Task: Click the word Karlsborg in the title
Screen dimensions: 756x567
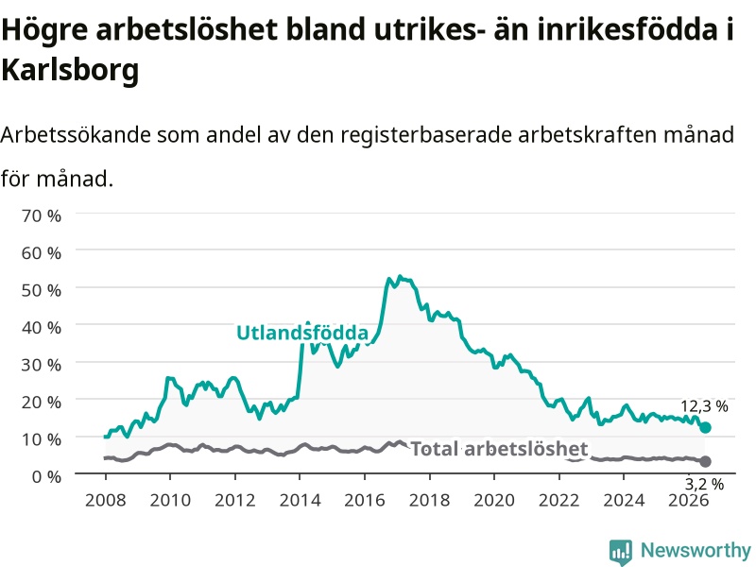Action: (70, 70)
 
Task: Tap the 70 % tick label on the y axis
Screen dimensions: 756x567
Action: (42, 215)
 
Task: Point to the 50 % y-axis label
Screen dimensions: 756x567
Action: (42, 290)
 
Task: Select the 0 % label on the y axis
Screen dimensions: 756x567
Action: (46, 477)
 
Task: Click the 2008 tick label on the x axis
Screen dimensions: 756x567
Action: (106, 500)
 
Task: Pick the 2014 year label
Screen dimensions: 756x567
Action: (300, 500)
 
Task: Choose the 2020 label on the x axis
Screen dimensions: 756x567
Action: (494, 500)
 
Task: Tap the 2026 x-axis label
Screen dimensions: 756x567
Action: (689, 500)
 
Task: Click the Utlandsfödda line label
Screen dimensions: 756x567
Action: (302, 333)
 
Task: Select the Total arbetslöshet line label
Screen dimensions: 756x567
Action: (499, 449)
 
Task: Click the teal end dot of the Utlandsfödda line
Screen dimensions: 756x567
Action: (705, 427)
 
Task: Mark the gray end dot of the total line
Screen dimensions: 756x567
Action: (705, 461)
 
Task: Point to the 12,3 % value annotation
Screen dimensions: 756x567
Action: (704, 406)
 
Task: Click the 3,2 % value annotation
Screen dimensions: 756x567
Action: (704, 484)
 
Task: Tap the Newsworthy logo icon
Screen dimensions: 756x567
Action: (621, 552)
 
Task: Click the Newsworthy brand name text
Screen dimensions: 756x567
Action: (696, 550)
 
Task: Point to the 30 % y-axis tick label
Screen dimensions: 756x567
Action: (42, 365)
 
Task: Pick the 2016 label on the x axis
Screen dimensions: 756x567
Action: (365, 500)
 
